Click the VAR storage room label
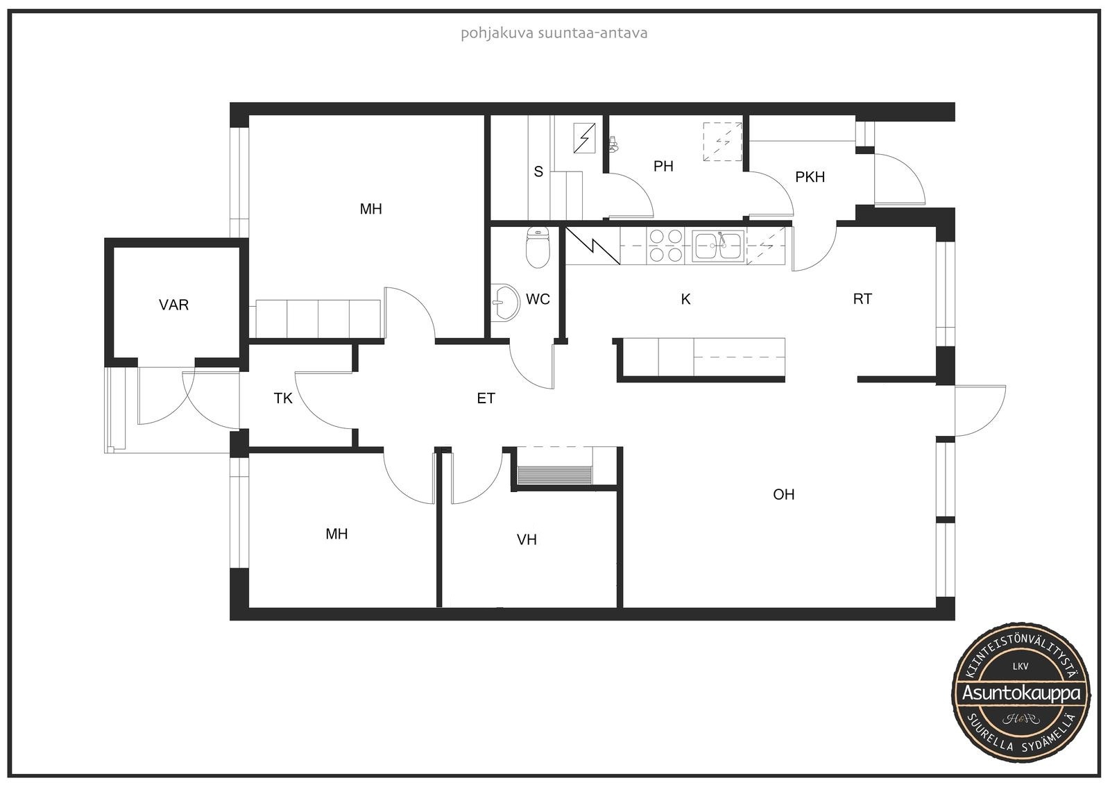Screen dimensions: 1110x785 pyautogui.click(x=173, y=305)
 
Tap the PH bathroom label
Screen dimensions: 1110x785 pyautogui.click(x=663, y=166)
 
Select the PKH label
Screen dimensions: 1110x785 pyautogui.click(x=810, y=176)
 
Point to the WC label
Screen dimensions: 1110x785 pyautogui.click(x=538, y=299)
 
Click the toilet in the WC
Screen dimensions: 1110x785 pyautogui.click(x=538, y=247)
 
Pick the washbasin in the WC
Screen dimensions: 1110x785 pyautogui.click(x=506, y=302)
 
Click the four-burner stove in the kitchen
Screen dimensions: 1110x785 pyautogui.click(x=665, y=246)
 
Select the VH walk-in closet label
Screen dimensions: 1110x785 pyautogui.click(x=527, y=539)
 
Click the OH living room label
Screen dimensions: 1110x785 pyautogui.click(x=783, y=494)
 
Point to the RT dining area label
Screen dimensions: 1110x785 pyautogui.click(x=862, y=299)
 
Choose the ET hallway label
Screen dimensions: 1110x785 pyautogui.click(x=486, y=398)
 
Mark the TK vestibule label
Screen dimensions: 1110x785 pyautogui.click(x=283, y=398)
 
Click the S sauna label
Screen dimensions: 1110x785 pyautogui.click(x=538, y=171)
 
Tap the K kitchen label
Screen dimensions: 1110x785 pyautogui.click(x=685, y=299)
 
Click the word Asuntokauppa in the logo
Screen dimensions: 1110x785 pyautogui.click(x=1021, y=693)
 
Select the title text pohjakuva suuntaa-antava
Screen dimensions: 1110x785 pyautogui.click(x=554, y=33)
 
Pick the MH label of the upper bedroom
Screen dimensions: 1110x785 pyautogui.click(x=370, y=210)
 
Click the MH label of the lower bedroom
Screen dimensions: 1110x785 pyautogui.click(x=336, y=534)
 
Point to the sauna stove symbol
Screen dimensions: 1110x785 pyautogui.click(x=584, y=137)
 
